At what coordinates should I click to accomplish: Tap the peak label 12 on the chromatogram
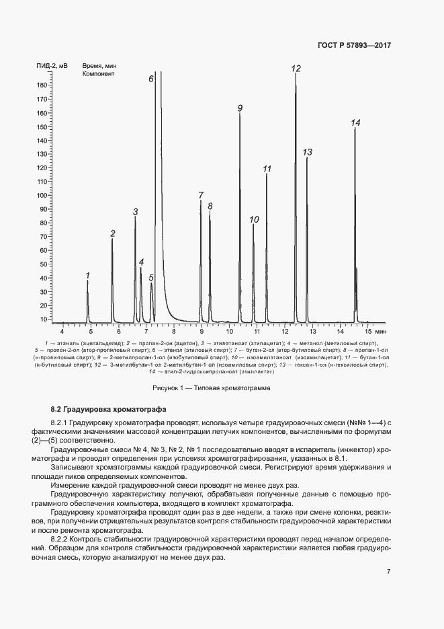[296, 69]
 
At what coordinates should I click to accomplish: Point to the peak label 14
[355, 122]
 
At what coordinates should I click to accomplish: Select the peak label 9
[240, 108]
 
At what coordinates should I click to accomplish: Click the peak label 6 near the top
[151, 79]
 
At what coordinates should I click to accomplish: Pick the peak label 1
[87, 275]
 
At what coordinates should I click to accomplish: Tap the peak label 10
[254, 219]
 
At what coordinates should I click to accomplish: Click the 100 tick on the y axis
[42, 196]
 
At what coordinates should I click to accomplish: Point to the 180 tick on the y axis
[42, 85]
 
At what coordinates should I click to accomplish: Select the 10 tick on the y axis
[44, 319]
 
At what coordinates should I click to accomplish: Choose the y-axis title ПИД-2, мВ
[52, 66]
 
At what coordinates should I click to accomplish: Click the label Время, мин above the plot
[99, 66]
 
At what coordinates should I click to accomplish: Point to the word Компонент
[98, 74]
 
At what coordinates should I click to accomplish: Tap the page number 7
[388, 571]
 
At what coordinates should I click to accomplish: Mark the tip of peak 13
[307, 157]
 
